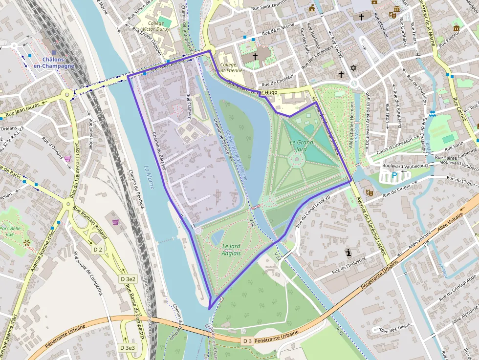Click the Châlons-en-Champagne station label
coord(54,63)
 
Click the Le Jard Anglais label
coord(231,250)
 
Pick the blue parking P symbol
coord(394,175)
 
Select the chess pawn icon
coord(348,253)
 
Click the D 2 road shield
coord(98,250)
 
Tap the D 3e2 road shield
coord(128,279)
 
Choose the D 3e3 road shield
coord(128,347)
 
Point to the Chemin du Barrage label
coord(159,151)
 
